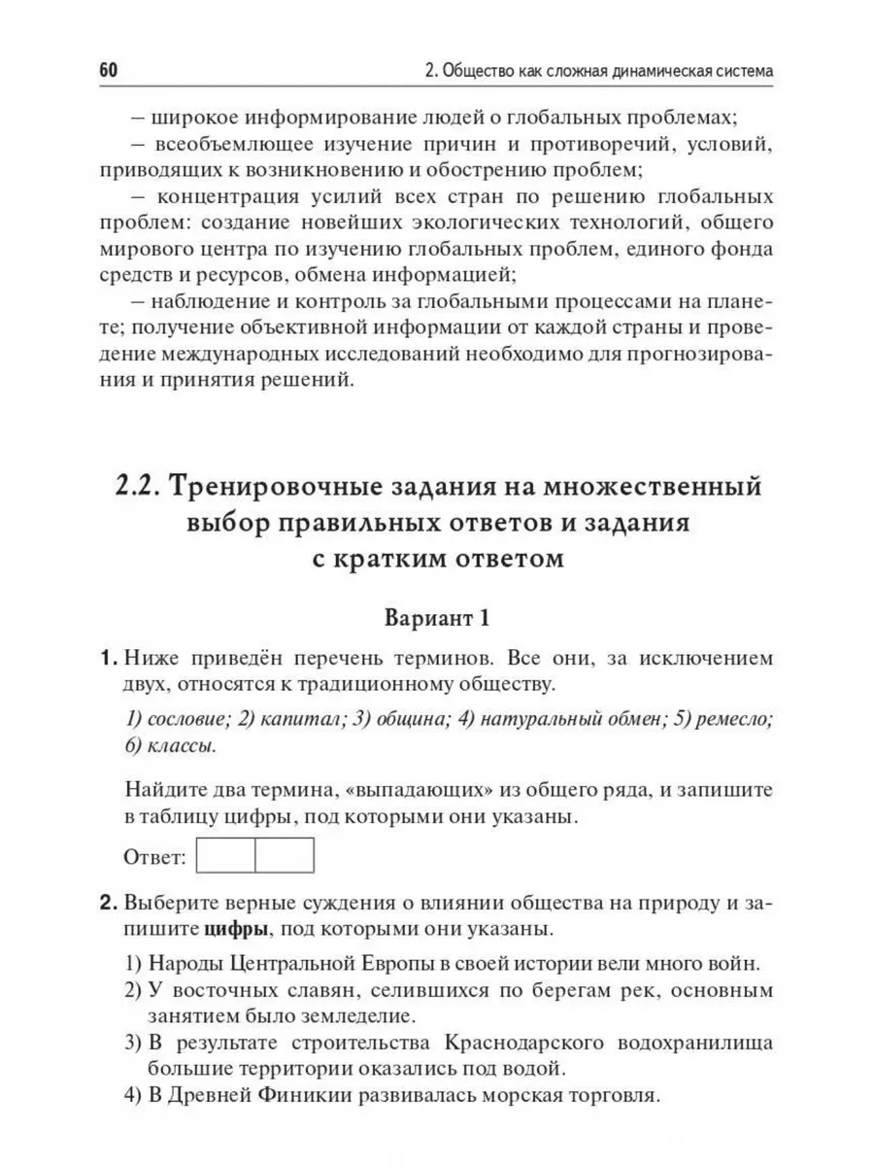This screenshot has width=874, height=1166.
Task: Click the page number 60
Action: [108, 72]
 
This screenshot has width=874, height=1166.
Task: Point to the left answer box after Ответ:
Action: [225, 856]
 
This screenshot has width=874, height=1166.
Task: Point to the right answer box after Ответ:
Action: [285, 856]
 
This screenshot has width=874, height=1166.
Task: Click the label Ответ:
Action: [155, 858]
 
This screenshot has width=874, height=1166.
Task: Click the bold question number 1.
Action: [109, 660]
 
